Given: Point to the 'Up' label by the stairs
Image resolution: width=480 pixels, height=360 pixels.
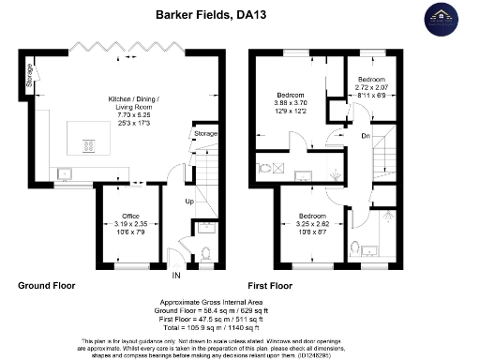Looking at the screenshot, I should (187, 202).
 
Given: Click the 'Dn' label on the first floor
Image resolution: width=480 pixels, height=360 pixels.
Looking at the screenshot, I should (366, 136).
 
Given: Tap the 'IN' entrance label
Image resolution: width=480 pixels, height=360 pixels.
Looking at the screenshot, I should (175, 275).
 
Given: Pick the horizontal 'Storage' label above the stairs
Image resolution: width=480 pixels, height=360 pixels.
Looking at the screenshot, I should (205, 134).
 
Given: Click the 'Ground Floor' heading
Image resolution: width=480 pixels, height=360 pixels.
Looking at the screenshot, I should (46, 284).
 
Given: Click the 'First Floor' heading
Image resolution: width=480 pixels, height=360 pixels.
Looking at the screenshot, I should (271, 284).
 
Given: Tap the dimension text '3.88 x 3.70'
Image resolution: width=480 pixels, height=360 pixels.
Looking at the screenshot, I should (291, 102).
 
